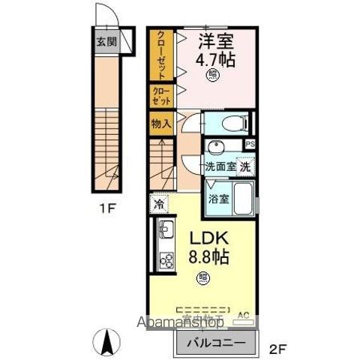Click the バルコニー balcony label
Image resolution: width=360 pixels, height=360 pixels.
[x=213, y=343]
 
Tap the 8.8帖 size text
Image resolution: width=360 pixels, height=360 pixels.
[x=208, y=256]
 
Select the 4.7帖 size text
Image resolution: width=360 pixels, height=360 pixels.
[x=214, y=58]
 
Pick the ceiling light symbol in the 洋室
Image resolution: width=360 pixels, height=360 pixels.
[x=214, y=74]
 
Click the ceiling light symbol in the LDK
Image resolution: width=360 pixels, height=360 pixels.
[x=203, y=278]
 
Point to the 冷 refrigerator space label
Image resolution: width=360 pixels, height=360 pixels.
[x=160, y=203]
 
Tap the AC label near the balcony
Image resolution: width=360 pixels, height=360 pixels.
[x=242, y=316]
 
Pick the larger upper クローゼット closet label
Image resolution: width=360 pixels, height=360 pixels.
[x=160, y=54]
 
